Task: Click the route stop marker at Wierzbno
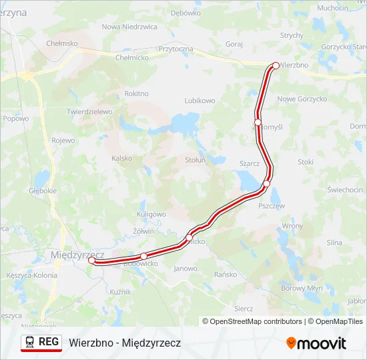276,65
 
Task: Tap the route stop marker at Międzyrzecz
91,261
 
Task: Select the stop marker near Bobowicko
143,256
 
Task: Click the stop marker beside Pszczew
266,183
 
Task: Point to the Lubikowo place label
200,101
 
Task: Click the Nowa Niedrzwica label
129,27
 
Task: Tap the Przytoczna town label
176,49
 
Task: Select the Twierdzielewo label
89,112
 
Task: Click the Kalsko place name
122,158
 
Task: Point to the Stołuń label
195,160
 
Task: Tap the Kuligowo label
151,214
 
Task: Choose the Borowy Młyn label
302,288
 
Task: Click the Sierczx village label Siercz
244,309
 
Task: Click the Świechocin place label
345,190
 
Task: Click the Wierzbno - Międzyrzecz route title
125,343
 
